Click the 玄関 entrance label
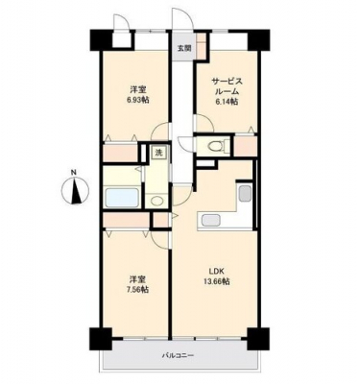(x=184, y=49)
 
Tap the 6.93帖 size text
(x=139, y=100)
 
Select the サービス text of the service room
(x=227, y=82)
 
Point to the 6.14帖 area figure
(x=227, y=102)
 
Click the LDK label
(x=217, y=272)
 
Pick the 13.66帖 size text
(x=217, y=282)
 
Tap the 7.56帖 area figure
(x=139, y=289)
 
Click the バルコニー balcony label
(x=179, y=355)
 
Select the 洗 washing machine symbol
(x=158, y=153)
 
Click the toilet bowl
(x=215, y=146)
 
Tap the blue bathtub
(x=122, y=198)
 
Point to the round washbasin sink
(x=156, y=202)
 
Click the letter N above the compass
(x=74, y=173)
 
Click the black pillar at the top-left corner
(x=100, y=40)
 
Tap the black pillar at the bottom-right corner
(x=258, y=339)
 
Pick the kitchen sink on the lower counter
(x=209, y=221)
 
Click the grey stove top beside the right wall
(x=245, y=193)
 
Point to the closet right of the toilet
(x=246, y=147)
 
